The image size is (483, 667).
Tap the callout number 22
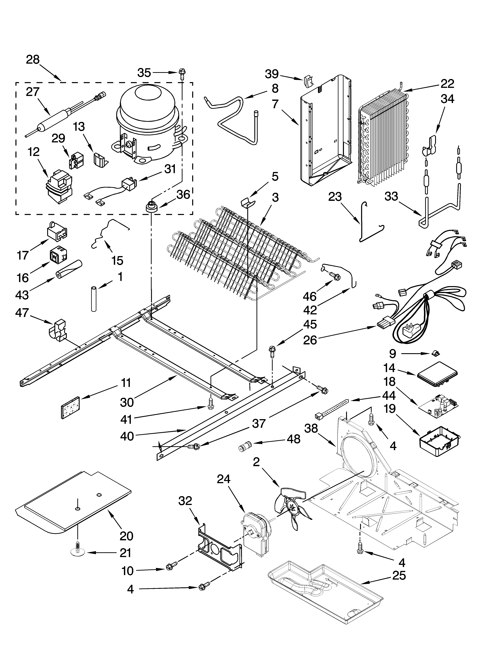(447, 84)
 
